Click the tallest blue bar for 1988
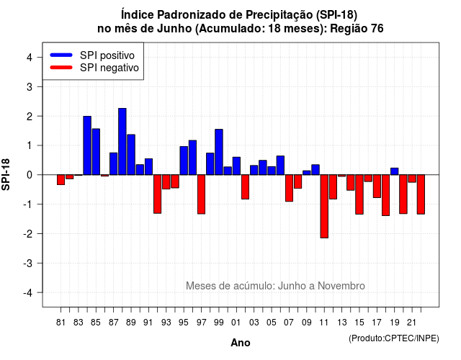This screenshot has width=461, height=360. [122, 141]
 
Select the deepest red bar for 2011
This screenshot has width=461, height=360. [324, 207]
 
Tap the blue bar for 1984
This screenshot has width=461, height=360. [87, 145]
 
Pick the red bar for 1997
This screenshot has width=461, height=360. [202, 194]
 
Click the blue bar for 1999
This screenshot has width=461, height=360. [219, 152]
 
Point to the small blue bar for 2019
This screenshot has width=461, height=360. [395, 171]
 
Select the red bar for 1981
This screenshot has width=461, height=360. [61, 180]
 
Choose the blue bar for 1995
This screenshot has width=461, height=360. [184, 161]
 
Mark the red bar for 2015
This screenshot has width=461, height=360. [359, 194]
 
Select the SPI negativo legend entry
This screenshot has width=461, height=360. [94, 68]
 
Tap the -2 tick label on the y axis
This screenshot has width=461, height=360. [28, 233]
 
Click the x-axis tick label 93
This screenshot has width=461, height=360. [166, 323]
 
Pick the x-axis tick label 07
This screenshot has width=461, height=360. [289, 323]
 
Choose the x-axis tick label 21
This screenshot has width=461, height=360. [411, 323]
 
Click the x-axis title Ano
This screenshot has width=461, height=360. [241, 343]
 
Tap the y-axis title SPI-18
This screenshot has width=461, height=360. [6, 174]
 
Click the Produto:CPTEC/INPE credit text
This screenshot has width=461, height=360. [394, 338]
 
